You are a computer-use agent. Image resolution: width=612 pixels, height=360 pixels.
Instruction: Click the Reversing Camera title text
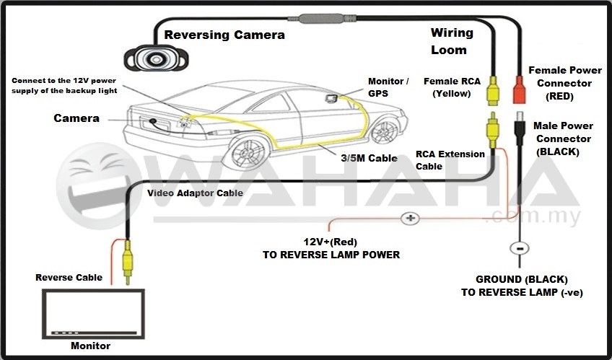click(224, 35)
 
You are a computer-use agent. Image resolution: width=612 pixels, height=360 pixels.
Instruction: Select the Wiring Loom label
click(452, 41)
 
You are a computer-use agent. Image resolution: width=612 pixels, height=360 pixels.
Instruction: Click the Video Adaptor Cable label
click(195, 193)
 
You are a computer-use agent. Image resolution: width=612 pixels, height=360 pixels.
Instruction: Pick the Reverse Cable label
click(69, 277)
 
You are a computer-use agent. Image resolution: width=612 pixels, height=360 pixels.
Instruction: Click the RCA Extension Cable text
click(450, 159)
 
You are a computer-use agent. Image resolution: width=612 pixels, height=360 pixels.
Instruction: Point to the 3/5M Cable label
click(369, 158)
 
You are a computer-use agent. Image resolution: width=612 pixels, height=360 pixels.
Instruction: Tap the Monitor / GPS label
click(388, 87)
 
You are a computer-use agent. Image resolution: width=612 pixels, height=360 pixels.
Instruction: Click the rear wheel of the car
click(247, 152)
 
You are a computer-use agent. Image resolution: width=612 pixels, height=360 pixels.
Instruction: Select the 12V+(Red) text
click(330, 241)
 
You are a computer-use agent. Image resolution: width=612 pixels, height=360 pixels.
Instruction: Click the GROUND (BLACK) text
click(521, 278)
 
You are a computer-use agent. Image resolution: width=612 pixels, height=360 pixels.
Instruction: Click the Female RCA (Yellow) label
click(452, 87)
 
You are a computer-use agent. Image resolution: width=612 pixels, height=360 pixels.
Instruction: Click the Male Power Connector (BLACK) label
click(563, 139)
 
